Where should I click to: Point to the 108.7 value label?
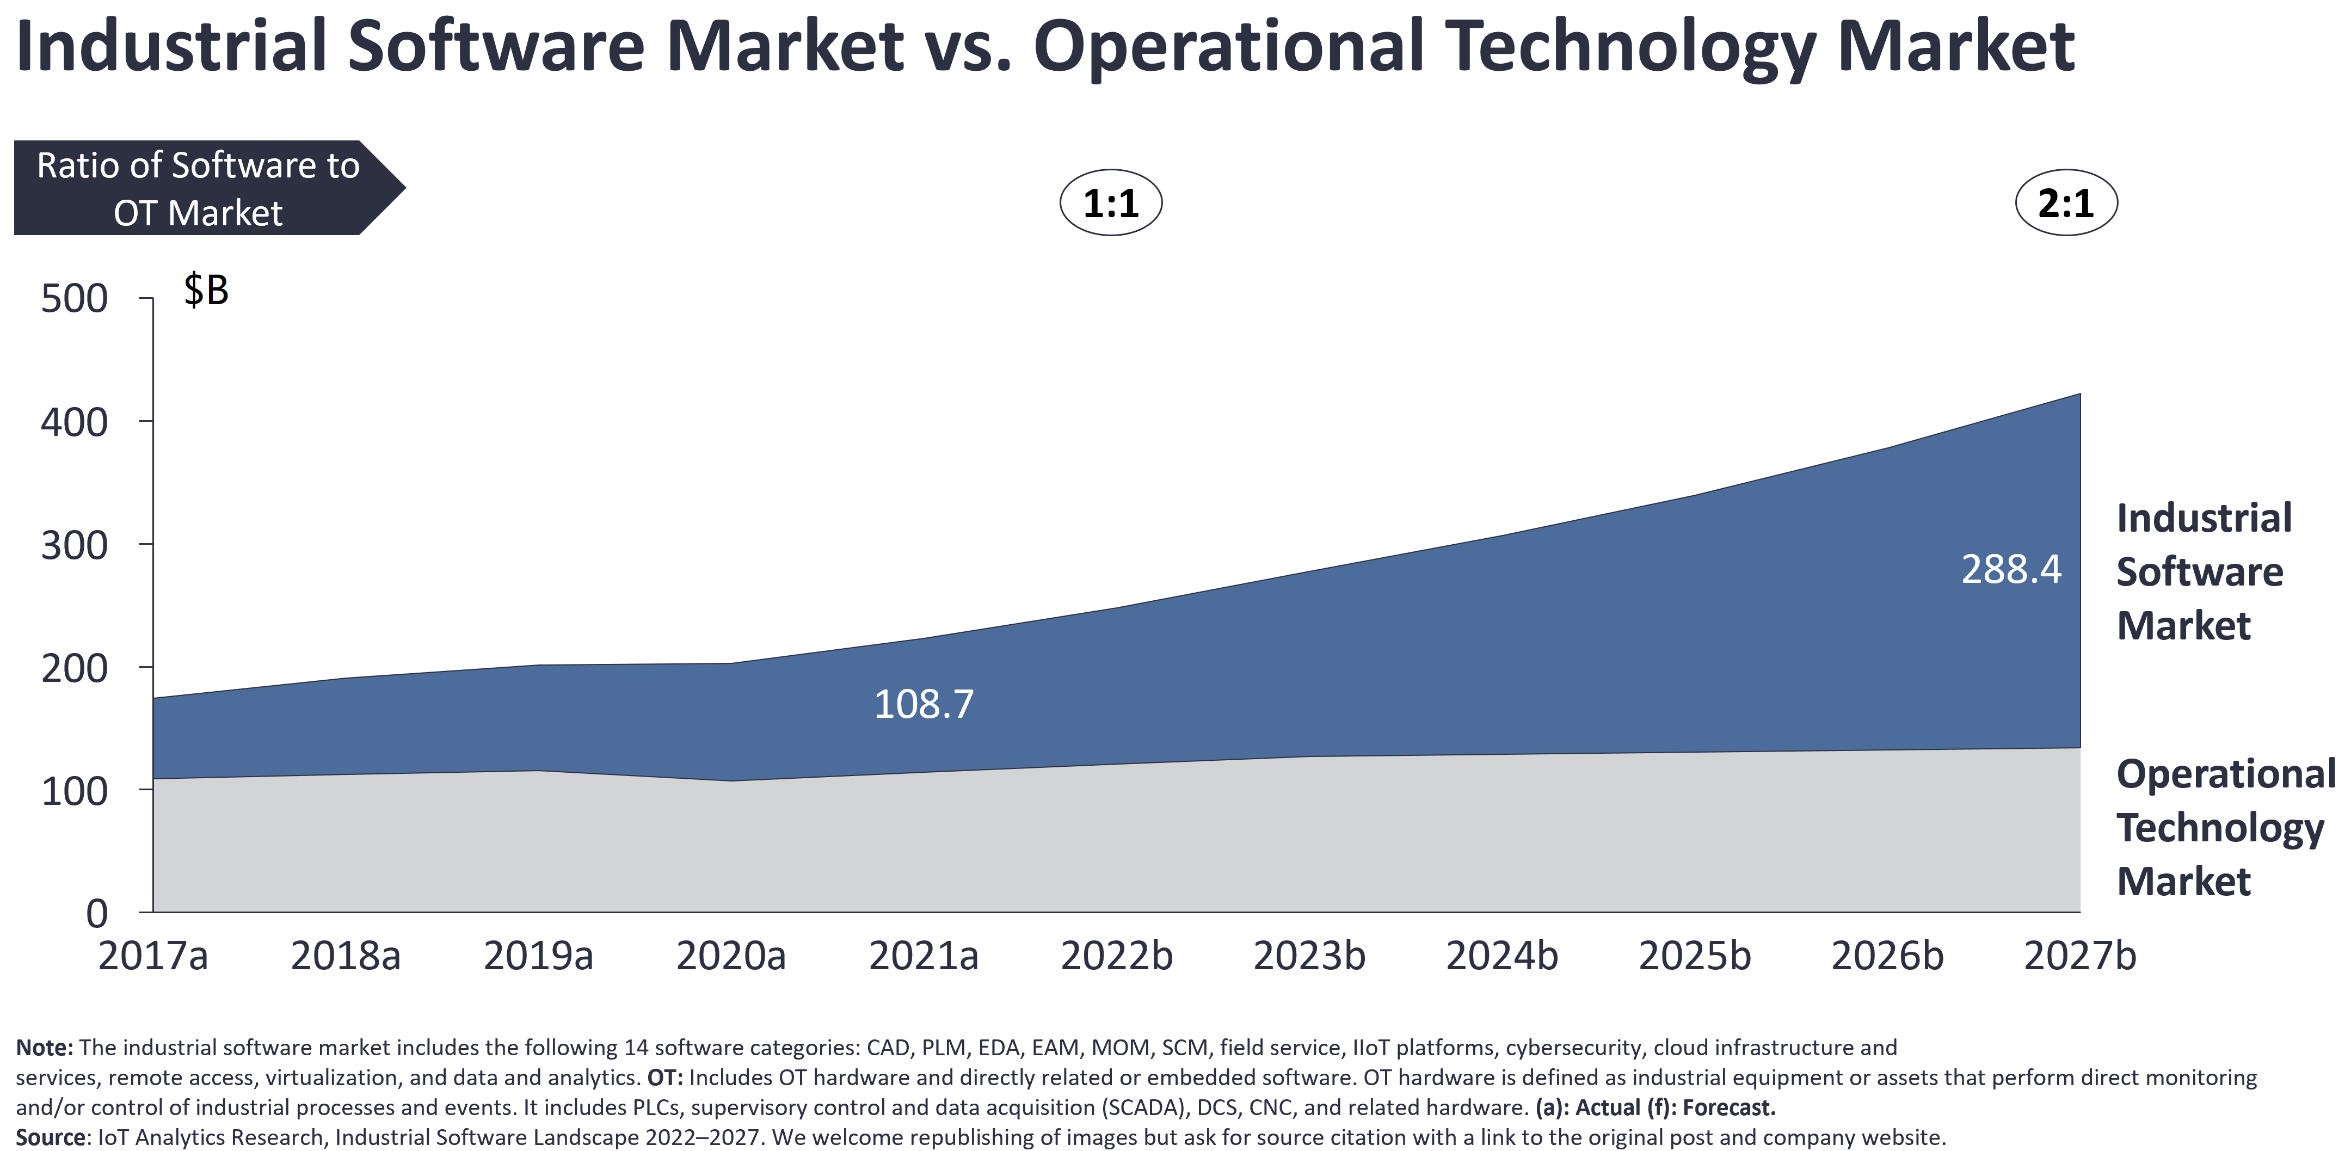click(924, 704)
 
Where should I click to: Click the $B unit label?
click(205, 290)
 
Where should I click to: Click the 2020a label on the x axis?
click(730, 956)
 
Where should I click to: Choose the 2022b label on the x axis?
click(1116, 956)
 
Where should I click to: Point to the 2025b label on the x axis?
click(1694, 956)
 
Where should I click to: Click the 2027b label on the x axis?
click(2080, 956)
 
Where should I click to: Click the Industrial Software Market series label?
click(2202, 571)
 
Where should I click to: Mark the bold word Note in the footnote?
click(44, 1047)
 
